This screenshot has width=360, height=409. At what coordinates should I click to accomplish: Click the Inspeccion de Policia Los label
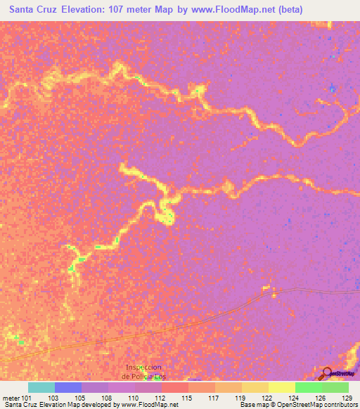(143, 371)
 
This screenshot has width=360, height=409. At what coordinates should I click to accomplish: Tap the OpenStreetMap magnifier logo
(326, 372)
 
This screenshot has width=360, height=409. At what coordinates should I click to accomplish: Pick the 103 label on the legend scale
(52, 398)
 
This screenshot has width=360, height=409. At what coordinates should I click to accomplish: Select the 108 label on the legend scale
(106, 398)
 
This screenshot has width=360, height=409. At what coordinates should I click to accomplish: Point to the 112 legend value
(160, 398)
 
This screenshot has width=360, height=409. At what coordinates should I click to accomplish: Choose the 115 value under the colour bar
(187, 398)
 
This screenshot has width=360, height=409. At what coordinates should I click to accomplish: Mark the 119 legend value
(241, 398)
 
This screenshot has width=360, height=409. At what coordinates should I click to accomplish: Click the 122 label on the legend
(268, 398)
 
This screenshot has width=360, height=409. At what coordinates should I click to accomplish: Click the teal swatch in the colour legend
(41, 387)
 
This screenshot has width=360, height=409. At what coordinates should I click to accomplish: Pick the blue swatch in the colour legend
(68, 387)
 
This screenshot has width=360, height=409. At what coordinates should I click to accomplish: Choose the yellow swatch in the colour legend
(282, 387)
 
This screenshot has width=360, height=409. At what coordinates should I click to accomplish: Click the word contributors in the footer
(340, 405)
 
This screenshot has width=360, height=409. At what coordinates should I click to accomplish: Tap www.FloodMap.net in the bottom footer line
(149, 405)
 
